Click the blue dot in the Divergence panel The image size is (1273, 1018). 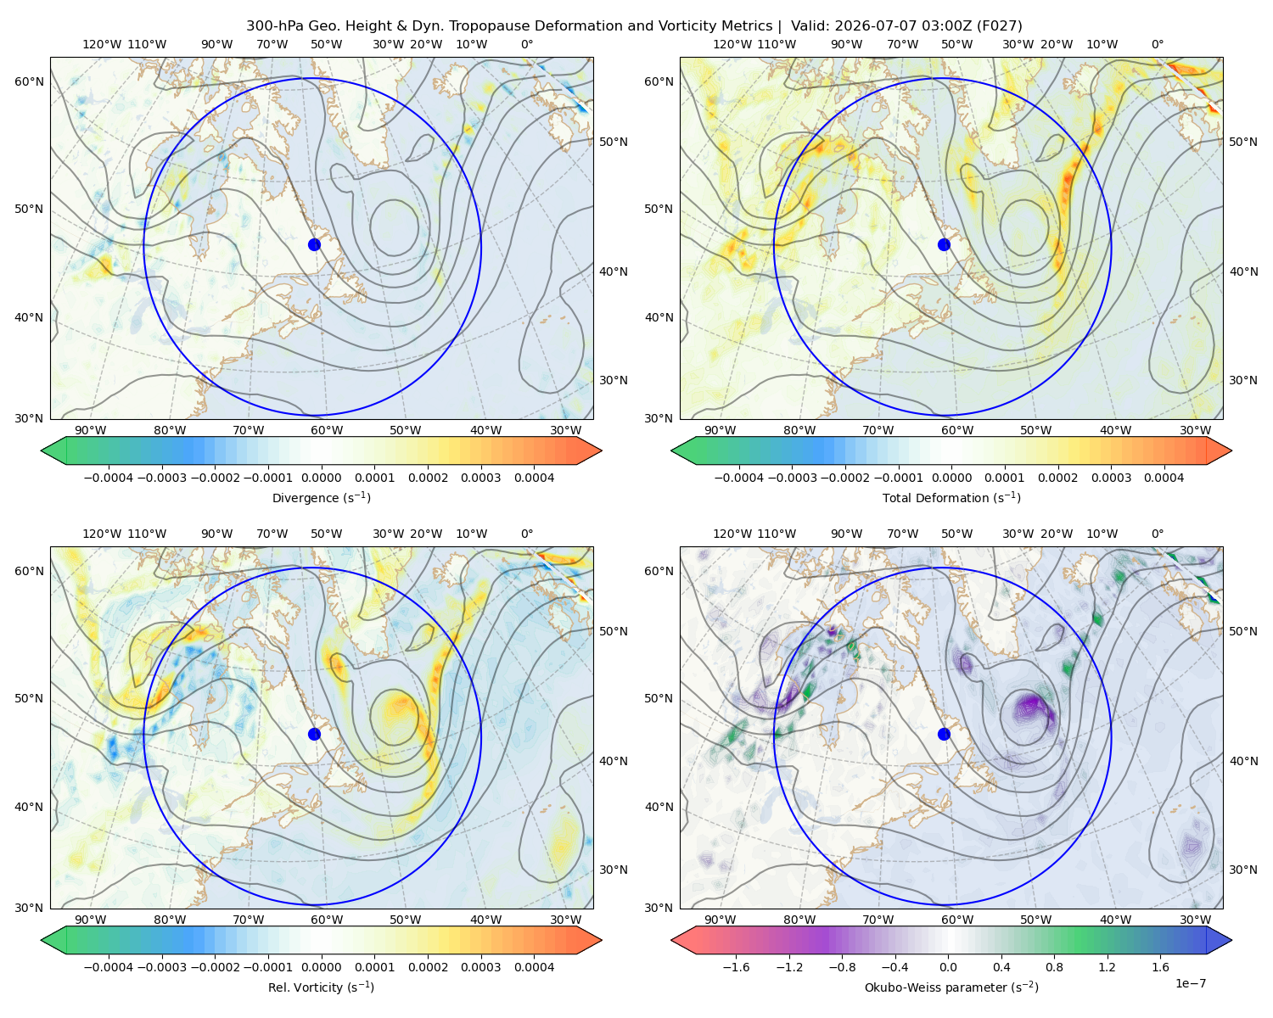314,245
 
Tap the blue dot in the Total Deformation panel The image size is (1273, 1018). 944,245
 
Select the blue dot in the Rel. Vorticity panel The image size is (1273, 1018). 314,734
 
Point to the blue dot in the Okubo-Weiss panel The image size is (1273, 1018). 944,734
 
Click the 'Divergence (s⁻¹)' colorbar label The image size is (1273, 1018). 321,497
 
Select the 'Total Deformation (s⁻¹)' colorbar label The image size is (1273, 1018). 951,497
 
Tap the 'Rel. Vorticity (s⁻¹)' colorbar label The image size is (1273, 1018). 321,987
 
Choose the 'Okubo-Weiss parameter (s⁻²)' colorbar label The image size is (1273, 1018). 951,987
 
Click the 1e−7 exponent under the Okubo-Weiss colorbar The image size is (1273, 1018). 1190,983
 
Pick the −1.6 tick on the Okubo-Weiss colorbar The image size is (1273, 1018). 736,967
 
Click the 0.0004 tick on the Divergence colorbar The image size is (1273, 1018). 534,478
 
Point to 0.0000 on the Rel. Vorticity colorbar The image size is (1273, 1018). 321,967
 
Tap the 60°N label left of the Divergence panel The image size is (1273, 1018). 29,81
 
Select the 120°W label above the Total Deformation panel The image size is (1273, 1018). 732,44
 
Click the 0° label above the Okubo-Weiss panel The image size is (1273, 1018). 1158,534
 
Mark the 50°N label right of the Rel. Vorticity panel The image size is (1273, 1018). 614,631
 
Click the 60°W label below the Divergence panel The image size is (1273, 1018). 327,430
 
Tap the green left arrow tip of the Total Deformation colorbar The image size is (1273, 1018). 672,450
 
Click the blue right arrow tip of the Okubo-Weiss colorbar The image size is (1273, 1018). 1231,940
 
